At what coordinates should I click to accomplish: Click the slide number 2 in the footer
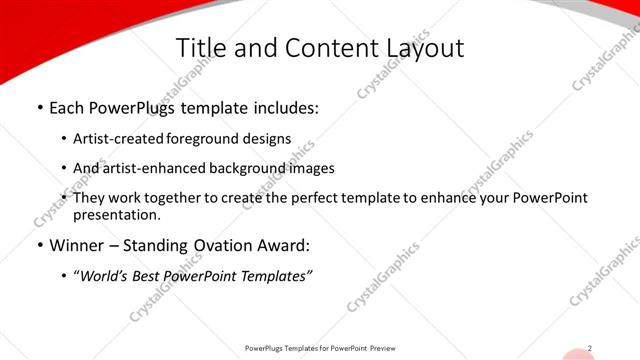coord(590,348)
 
